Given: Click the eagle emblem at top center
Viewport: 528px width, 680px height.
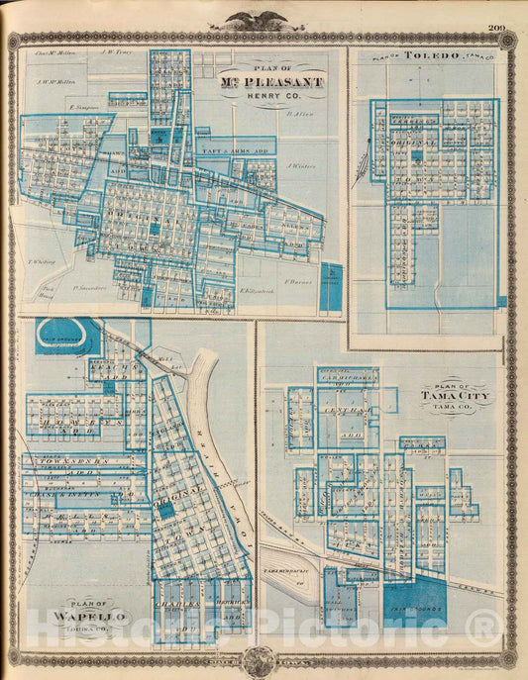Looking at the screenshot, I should click(264, 19).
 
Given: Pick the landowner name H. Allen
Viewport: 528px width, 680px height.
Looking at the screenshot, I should click(298, 115).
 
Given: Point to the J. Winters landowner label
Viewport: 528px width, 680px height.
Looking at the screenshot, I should click(300, 165).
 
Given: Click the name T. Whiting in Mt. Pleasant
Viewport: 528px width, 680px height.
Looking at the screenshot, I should click(43, 262).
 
